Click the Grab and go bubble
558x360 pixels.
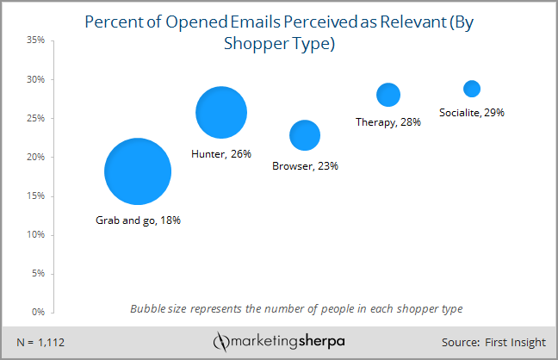coord(138,171)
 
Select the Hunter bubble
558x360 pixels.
coord(221,113)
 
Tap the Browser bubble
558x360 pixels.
coord(305,135)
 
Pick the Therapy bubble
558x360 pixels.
coord(388,95)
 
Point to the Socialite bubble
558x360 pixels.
coord(472,89)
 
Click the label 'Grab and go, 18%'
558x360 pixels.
coord(138,220)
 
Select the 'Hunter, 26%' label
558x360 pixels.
coord(220,154)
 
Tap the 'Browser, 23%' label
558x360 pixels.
coord(305,166)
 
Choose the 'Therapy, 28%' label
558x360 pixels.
coord(387,122)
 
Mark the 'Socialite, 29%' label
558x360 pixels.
coord(471,113)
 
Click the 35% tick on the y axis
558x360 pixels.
coord(36,40)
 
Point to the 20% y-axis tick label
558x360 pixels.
coord(36,157)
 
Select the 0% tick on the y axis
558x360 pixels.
coord(39,312)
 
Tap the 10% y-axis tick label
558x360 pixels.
coord(36,234)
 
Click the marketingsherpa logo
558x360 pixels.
coord(281,341)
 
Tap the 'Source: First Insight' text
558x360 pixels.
coord(493,342)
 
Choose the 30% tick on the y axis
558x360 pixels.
coord(36,79)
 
